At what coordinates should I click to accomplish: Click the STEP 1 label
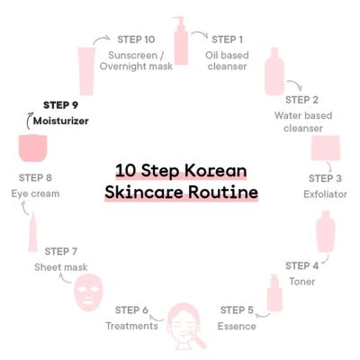click(x=227, y=39)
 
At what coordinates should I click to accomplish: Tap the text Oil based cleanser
click(x=228, y=59)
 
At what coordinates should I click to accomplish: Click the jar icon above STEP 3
click(x=324, y=148)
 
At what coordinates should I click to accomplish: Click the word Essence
click(x=238, y=325)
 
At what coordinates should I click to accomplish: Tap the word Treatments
click(x=132, y=325)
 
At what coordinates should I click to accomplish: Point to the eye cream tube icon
click(x=32, y=233)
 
